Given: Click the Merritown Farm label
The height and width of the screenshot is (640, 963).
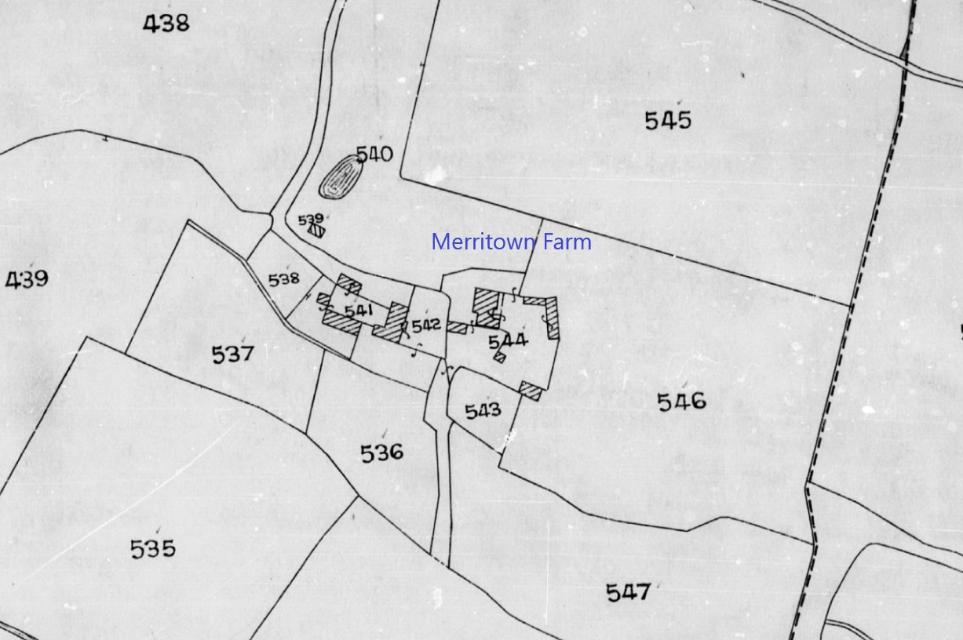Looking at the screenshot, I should click(511, 242).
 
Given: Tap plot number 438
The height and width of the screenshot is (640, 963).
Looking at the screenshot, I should click(166, 24).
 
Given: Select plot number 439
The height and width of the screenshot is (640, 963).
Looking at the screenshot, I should click(27, 278).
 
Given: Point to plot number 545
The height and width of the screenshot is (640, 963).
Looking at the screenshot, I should click(668, 121).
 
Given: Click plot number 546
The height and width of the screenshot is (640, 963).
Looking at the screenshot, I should click(681, 402).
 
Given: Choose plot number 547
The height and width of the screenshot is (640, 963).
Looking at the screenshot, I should click(629, 592).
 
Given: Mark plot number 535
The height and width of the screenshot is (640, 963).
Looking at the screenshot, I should click(153, 549).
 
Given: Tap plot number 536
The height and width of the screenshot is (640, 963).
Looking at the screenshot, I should click(381, 453).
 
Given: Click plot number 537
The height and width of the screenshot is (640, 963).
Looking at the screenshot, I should click(233, 355).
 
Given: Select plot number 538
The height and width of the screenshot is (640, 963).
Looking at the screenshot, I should click(283, 278).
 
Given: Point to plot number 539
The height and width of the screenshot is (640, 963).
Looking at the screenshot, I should click(311, 220).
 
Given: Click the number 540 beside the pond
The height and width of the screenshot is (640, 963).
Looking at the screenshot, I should click(374, 154).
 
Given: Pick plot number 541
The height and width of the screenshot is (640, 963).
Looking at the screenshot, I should click(358, 311).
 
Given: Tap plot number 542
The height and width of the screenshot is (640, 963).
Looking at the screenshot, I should click(426, 325).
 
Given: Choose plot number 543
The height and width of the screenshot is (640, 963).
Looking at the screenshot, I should click(483, 411).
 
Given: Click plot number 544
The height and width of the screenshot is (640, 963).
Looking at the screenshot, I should click(508, 340).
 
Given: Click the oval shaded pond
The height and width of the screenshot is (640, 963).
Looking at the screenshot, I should click(338, 176).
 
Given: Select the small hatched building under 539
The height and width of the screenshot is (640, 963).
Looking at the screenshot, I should click(316, 231).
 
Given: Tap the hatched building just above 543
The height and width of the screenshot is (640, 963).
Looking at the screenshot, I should click(531, 390).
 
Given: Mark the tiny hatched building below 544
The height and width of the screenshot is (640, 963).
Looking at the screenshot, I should click(499, 358).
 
